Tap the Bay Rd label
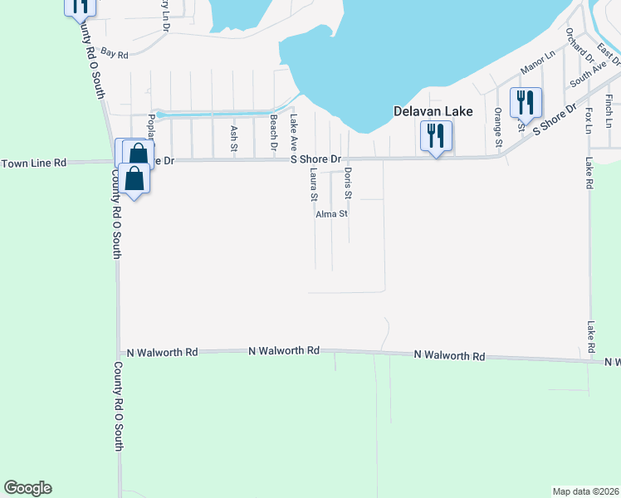117,55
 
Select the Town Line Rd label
33,164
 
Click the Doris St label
348,183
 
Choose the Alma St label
331,213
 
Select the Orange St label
498,128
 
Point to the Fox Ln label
588,120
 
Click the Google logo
27,488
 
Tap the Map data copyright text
585,491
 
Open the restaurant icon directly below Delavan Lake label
436,135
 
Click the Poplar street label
151,126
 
